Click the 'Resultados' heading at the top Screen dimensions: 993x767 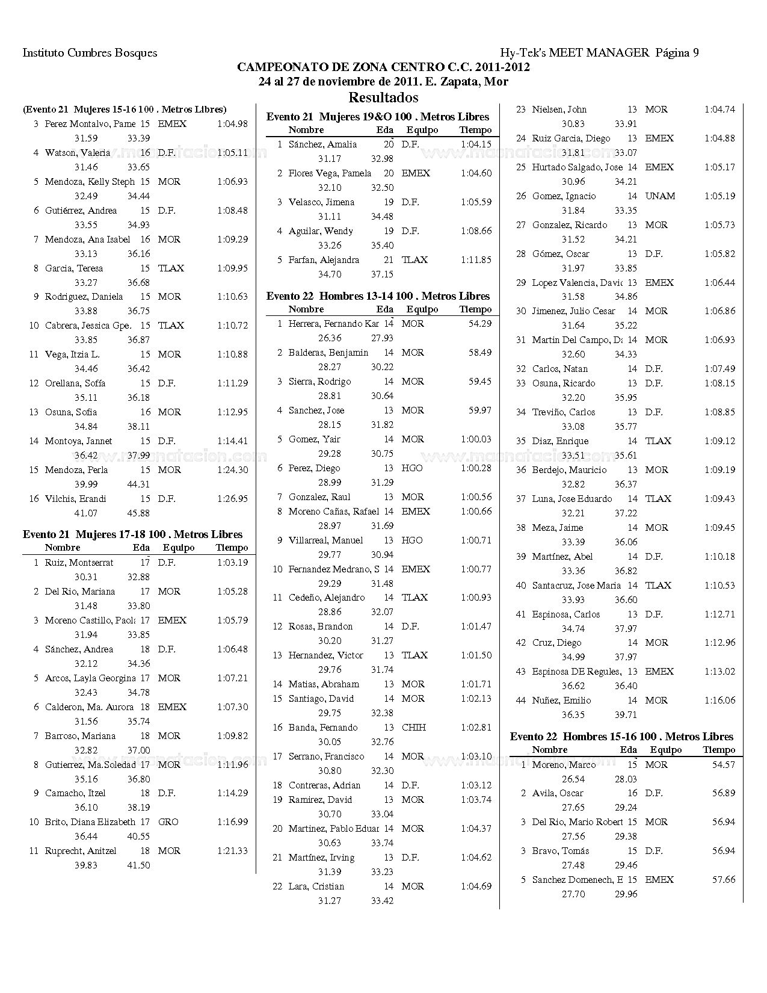click(x=383, y=97)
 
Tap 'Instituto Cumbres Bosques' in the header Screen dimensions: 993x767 click(x=90, y=53)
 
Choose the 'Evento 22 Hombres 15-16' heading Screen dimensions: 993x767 click(x=621, y=737)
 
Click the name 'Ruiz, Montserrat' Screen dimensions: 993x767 click(x=79, y=563)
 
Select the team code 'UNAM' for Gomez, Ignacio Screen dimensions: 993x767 click(x=660, y=196)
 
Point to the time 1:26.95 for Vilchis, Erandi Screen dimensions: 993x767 click(x=232, y=499)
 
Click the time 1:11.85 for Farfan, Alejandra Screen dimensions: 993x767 click(x=476, y=260)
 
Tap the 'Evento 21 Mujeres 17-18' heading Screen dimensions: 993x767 click(x=132, y=534)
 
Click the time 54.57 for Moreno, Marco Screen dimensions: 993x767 click(x=724, y=765)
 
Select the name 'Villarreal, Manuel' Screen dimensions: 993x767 click(x=325, y=540)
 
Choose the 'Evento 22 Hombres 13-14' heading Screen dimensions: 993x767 click(x=378, y=296)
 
